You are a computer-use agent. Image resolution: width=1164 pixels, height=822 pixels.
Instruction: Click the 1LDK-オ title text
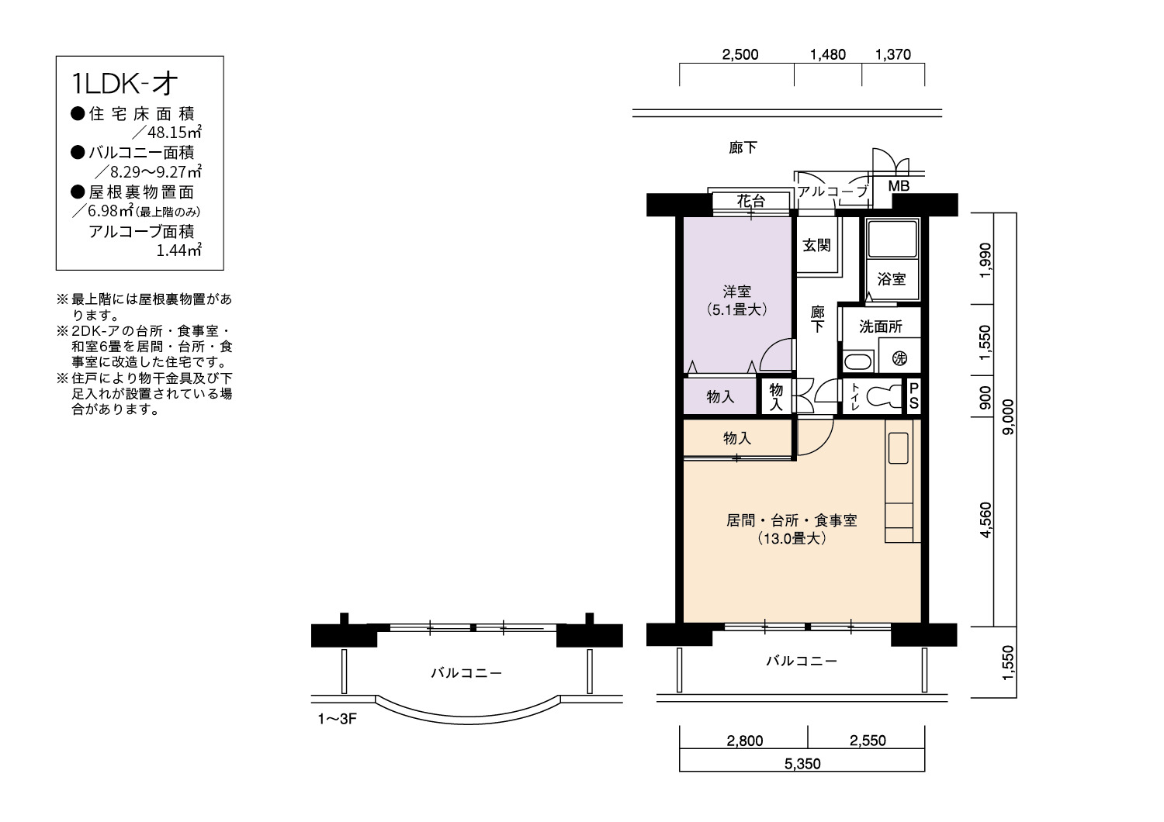click(x=124, y=84)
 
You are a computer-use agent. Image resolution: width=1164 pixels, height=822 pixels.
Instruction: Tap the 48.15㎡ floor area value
click(x=175, y=133)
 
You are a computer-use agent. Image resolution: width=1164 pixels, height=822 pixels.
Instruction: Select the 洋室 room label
click(x=737, y=292)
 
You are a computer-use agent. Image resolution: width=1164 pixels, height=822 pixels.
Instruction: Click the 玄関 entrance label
click(x=817, y=245)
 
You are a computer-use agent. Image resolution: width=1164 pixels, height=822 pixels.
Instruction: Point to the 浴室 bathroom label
click(x=892, y=279)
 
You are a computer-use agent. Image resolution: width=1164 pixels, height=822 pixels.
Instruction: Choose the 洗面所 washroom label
click(x=880, y=326)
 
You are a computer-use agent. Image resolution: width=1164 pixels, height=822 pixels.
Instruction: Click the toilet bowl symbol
click(x=885, y=398)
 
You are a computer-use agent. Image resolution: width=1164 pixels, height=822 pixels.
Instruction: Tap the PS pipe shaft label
click(x=913, y=395)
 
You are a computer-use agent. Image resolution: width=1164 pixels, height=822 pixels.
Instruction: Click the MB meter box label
click(x=899, y=186)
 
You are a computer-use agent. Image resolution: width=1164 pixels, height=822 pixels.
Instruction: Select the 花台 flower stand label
click(x=751, y=201)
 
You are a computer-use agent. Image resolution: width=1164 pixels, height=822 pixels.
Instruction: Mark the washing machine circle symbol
click(x=899, y=357)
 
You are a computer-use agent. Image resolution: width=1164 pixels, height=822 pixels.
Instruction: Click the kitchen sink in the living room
click(x=899, y=447)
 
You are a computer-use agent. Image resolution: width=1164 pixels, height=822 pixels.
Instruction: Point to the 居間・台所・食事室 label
click(x=792, y=520)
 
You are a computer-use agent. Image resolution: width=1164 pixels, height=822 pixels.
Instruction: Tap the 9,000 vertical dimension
click(x=1007, y=417)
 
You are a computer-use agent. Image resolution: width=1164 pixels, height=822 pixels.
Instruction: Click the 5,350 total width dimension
click(x=802, y=764)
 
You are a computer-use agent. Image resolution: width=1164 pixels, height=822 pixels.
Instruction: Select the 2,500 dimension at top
click(x=740, y=54)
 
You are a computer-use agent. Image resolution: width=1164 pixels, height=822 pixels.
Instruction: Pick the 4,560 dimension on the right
click(x=986, y=520)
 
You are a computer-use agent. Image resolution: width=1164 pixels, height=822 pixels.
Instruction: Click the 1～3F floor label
click(x=338, y=719)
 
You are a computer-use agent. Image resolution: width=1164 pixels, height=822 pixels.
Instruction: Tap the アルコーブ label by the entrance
click(x=833, y=191)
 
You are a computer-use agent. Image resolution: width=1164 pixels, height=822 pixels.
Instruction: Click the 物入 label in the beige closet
click(x=737, y=438)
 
